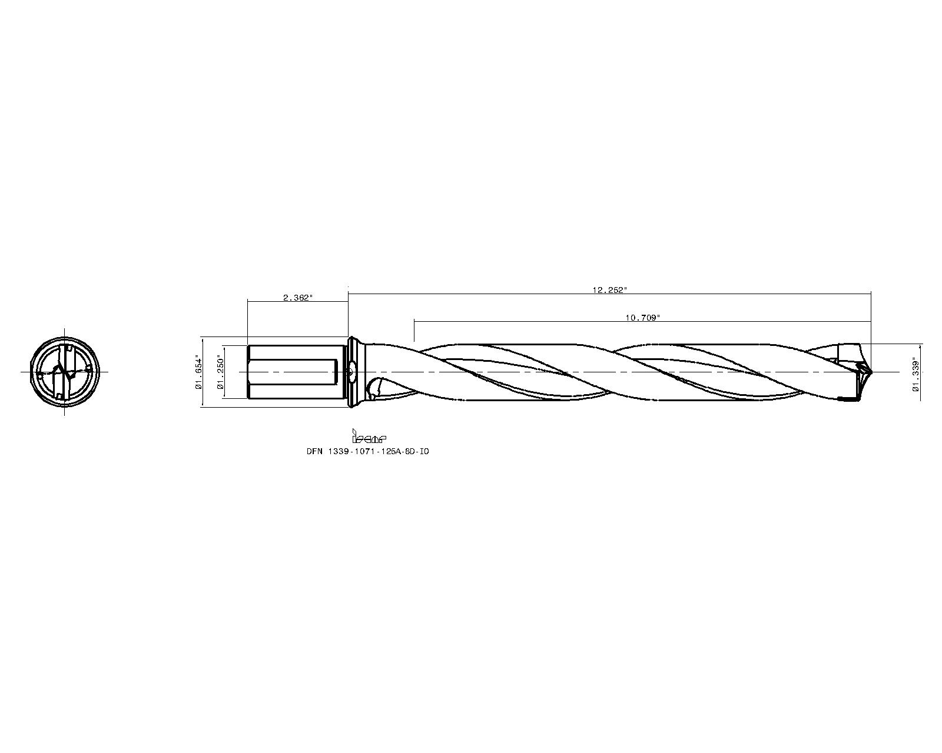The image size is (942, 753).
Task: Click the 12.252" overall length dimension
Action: [x=609, y=290]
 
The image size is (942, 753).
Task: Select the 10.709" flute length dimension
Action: [x=642, y=318]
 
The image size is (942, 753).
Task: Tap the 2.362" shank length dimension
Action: [x=297, y=298]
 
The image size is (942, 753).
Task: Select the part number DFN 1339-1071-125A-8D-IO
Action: [x=367, y=451]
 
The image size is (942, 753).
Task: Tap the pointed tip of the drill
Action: [x=871, y=372]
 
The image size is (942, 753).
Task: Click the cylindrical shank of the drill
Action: [x=294, y=372]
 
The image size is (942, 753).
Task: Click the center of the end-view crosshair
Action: [x=65, y=372]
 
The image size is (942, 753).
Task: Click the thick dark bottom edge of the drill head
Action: [x=850, y=400]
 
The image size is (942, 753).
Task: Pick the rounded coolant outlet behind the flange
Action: [x=374, y=389]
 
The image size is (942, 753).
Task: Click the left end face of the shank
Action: [x=248, y=372]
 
